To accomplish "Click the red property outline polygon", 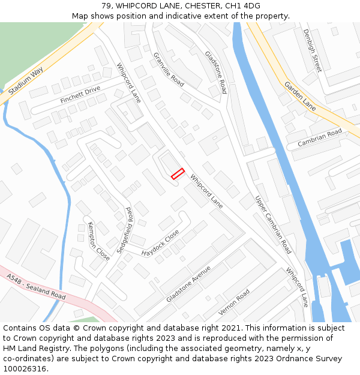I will click(x=178, y=173).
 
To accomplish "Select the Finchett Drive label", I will click(x=80, y=94).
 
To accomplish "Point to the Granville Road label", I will click(x=169, y=69).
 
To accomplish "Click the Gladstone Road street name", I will click(x=216, y=72).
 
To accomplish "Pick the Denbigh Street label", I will click(x=313, y=50).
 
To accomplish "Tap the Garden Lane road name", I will click(x=300, y=96).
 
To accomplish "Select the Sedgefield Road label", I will click(x=124, y=230).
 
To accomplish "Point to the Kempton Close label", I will click(x=99, y=241).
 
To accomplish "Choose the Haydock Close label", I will click(x=160, y=244).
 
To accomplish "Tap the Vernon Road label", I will click(x=234, y=302).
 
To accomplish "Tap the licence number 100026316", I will click(x=23, y=369).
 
